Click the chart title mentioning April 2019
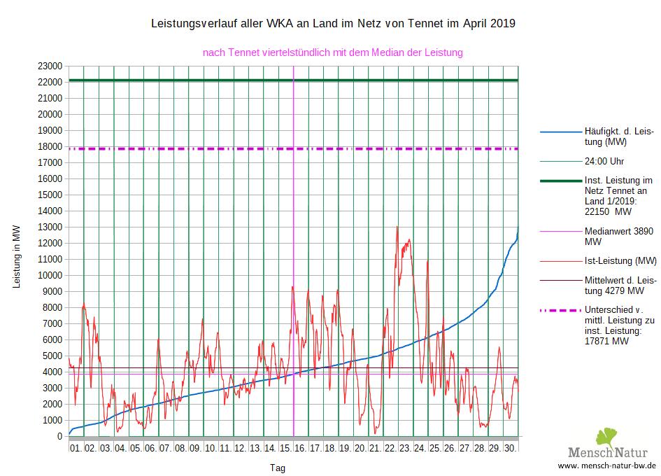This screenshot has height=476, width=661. tap(333, 24)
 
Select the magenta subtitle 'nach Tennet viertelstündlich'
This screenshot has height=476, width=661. tap(333, 52)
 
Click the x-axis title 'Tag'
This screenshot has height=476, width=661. tap(278, 468)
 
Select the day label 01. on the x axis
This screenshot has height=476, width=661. tap(76, 447)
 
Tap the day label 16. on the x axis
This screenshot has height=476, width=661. tap(300, 447)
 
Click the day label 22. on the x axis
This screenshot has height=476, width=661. tap(390, 447)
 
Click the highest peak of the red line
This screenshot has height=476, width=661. tap(397, 227)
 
